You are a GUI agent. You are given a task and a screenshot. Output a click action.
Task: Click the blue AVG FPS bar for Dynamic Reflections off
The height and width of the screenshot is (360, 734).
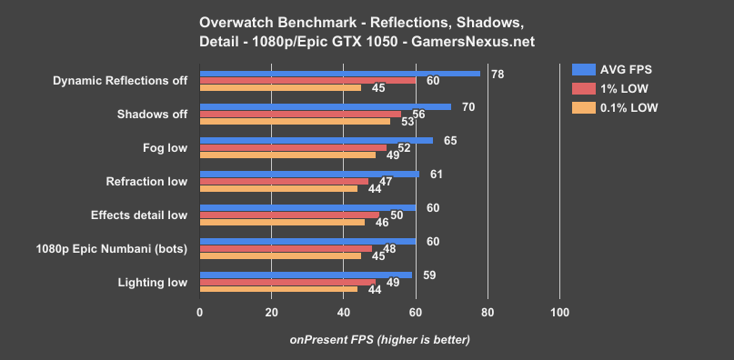click(339, 74)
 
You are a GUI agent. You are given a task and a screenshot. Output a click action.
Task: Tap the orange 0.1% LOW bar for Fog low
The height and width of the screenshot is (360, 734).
click(287, 155)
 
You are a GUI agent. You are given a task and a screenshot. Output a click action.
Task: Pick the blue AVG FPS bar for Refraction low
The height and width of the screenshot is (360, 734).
click(309, 174)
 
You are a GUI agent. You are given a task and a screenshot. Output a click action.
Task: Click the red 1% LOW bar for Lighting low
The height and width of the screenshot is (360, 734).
click(287, 282)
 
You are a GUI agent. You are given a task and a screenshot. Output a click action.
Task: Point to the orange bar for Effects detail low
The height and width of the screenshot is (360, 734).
click(282, 222)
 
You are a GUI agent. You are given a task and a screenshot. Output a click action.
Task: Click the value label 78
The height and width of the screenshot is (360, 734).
click(498, 74)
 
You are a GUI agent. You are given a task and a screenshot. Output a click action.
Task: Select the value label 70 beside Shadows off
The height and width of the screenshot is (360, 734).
click(468, 107)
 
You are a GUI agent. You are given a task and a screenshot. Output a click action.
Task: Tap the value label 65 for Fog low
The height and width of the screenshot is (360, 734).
click(450, 141)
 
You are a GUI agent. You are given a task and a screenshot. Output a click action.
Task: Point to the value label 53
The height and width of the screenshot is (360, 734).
click(407, 122)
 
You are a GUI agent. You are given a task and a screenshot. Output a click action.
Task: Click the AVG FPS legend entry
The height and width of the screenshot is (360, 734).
click(614, 69)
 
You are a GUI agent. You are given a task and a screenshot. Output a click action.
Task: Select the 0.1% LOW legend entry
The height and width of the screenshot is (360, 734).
click(614, 107)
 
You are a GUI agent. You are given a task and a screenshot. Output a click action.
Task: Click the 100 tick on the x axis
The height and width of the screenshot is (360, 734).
click(559, 313)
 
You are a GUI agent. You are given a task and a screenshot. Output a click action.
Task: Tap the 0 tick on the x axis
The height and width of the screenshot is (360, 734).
click(200, 313)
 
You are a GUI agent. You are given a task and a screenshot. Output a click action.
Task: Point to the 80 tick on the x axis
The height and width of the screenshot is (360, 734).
click(488, 313)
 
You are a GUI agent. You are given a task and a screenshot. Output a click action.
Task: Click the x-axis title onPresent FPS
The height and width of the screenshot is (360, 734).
click(379, 340)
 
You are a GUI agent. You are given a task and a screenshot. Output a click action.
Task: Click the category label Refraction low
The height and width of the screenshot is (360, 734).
click(146, 181)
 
